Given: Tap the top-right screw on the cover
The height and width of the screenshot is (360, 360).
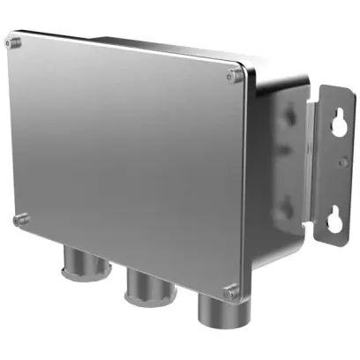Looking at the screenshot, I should [x=232, y=78].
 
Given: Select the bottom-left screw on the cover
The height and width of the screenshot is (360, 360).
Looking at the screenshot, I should [x=21, y=218].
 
